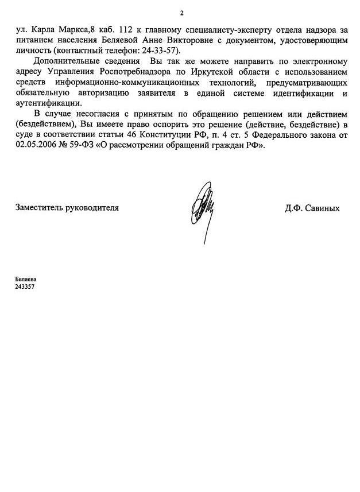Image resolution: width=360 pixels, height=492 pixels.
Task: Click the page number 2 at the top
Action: click(x=181, y=13)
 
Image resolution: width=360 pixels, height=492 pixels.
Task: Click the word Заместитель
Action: click(x=39, y=208)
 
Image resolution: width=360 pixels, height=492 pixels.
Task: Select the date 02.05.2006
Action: click(x=36, y=146)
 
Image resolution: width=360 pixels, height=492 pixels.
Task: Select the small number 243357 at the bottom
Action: click(x=26, y=286)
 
